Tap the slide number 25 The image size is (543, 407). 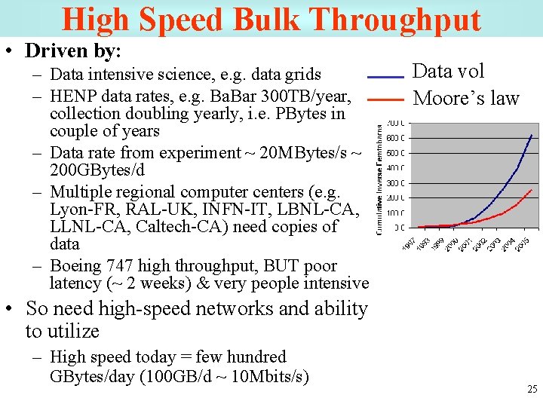coord(532,390)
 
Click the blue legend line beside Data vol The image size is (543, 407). coord(385,77)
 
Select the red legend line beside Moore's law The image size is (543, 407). coord(385,99)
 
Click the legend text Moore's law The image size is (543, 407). coord(467,99)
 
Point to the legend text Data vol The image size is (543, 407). coord(449,72)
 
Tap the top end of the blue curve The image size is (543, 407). coord(532,134)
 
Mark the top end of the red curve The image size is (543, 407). coord(532,189)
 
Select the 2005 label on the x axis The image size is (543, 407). coord(528,245)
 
